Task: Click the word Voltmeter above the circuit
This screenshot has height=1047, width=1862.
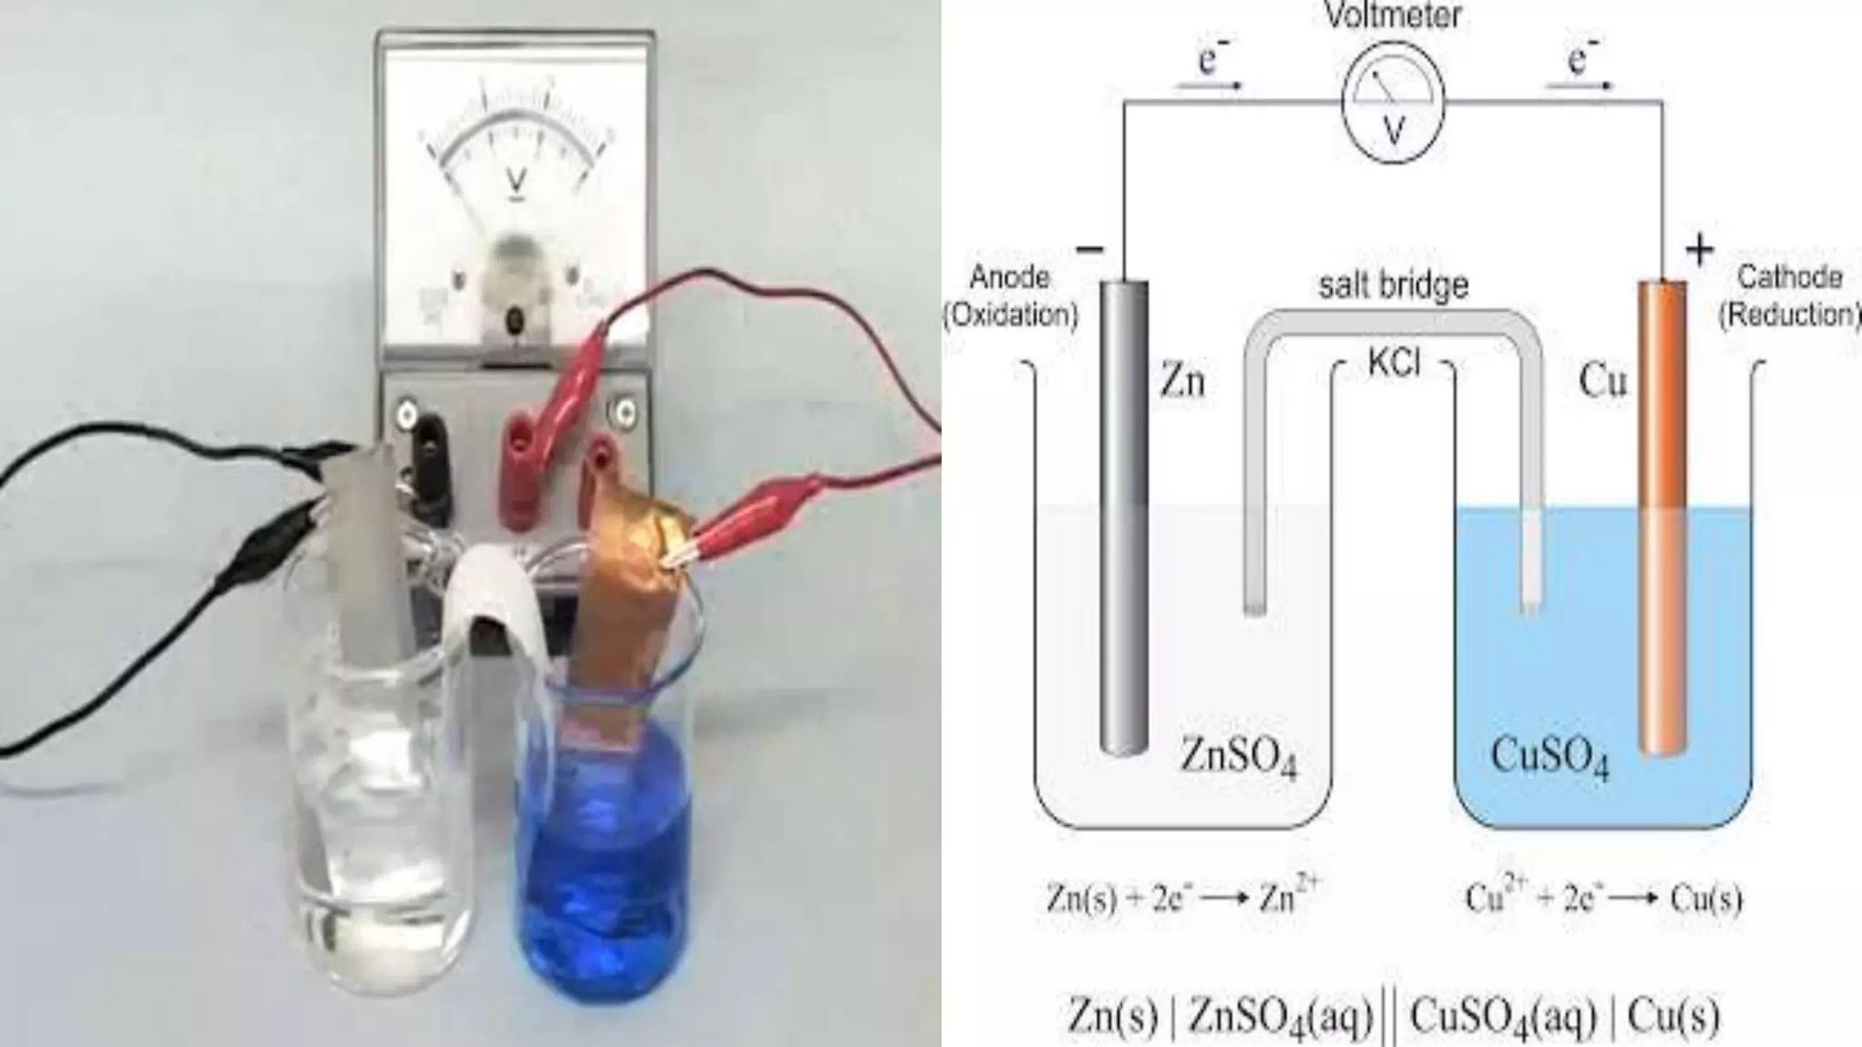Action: [1392, 15]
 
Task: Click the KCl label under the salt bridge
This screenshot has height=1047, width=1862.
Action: [1393, 363]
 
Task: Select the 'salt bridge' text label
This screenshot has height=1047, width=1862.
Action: [1393, 285]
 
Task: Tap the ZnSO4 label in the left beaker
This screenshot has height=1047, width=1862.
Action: [1238, 756]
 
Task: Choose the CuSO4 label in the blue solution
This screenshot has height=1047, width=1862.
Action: [1549, 756]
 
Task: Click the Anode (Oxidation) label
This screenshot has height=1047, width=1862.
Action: [1009, 295]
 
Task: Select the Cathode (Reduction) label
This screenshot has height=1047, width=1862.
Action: [1787, 295]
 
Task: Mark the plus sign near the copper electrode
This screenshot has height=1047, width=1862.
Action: [1698, 249]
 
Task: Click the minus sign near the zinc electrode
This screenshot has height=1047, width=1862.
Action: [1089, 249]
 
